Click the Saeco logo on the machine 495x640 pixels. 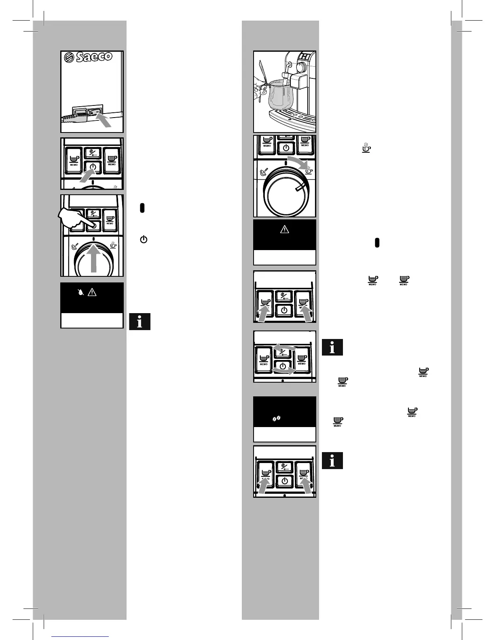(89, 57)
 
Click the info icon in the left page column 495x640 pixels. (140, 322)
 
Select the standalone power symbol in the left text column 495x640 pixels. (144, 239)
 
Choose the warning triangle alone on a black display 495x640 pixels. (285, 229)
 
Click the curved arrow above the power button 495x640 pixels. (284, 347)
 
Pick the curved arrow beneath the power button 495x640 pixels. (284, 370)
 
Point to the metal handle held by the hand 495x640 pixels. (262, 75)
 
